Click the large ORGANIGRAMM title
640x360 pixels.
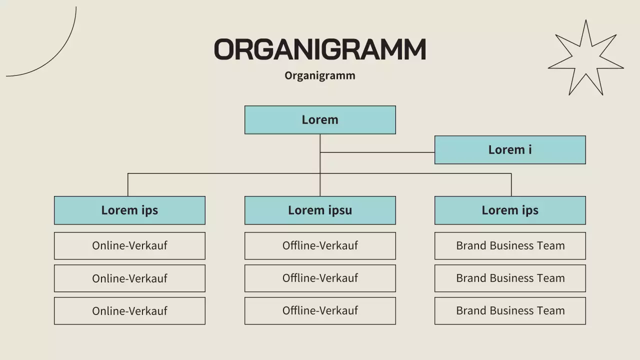320,49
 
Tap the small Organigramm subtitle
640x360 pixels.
320,75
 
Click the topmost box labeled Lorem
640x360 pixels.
320,120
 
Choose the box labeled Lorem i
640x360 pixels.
510,150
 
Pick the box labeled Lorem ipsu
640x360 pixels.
320,210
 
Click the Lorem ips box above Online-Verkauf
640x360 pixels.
129,210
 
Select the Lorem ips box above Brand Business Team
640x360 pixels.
510,210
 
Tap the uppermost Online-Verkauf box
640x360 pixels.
129,245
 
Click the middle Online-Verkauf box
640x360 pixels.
129,278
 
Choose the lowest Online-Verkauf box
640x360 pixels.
129,311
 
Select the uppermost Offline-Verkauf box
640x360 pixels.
320,245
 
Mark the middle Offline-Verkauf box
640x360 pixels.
320,278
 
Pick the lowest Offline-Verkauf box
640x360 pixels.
320,311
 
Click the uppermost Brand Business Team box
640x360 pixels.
510,245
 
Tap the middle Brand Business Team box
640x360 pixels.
510,278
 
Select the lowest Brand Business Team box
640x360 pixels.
510,311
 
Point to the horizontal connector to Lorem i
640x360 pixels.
377,152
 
